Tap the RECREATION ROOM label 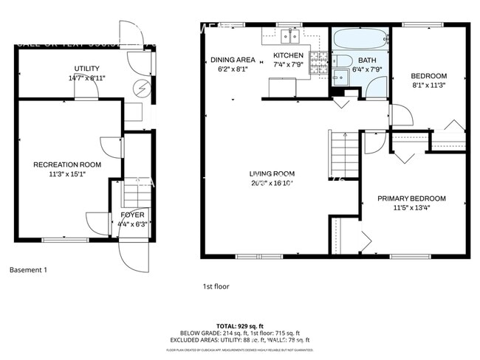click(67, 165)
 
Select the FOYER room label click(132, 215)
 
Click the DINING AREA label click(233, 60)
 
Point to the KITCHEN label click(287, 55)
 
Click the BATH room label click(367, 60)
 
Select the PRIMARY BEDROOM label click(412, 198)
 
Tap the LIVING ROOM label click(272, 173)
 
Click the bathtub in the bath click(360, 38)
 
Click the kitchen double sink click(289, 35)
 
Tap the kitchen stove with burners click(318, 62)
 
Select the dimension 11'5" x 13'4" click(412, 209)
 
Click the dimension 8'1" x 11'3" click(429, 85)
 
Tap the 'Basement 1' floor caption click(28, 270)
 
